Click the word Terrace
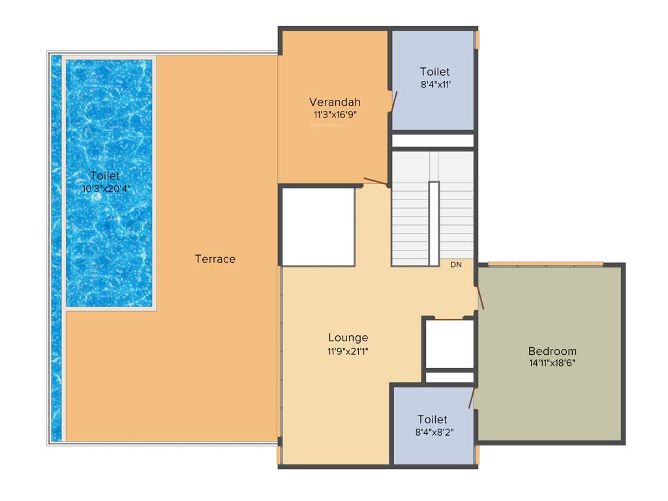click(215, 259)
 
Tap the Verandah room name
click(335, 102)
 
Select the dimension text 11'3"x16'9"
click(335, 114)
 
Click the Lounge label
click(348, 337)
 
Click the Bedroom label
click(552, 350)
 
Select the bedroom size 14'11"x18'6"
click(552, 363)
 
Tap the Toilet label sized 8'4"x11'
click(434, 72)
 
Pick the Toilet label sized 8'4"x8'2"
click(433, 419)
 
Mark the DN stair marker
click(456, 265)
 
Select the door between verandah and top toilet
click(393, 102)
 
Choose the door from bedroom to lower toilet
click(471, 397)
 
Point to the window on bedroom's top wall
click(545, 264)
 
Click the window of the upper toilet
click(477, 40)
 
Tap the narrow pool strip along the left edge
click(57, 248)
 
